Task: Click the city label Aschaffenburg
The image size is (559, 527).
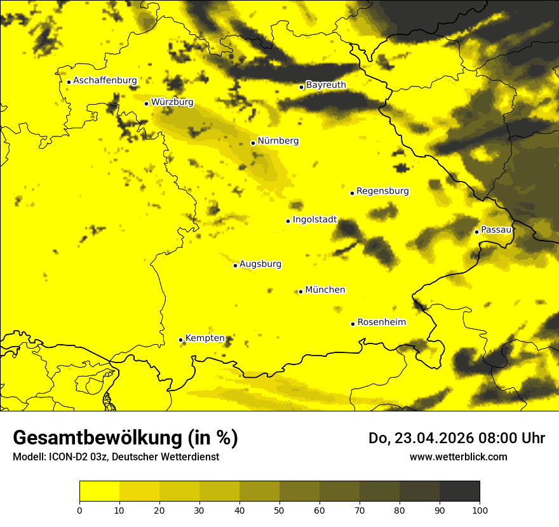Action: click(105, 81)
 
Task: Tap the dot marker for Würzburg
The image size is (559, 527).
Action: click(146, 103)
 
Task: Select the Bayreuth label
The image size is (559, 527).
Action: click(326, 85)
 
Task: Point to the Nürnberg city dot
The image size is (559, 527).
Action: click(253, 143)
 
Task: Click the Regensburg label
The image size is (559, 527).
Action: click(382, 191)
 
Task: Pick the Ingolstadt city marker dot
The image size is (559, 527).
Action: click(288, 221)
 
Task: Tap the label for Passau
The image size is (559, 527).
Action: click(496, 230)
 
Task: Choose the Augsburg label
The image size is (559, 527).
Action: click(260, 264)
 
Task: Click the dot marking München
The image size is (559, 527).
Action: click(300, 291)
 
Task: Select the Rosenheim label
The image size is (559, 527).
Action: click(381, 323)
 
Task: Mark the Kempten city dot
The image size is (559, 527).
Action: click(180, 340)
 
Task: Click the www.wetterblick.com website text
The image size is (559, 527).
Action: click(458, 457)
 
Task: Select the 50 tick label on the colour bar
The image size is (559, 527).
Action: click(279, 509)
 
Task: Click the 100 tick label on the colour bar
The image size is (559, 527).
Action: click(480, 509)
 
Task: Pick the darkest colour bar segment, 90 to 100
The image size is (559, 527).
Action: click(459, 491)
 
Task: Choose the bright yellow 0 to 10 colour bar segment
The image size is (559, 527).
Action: click(99, 491)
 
